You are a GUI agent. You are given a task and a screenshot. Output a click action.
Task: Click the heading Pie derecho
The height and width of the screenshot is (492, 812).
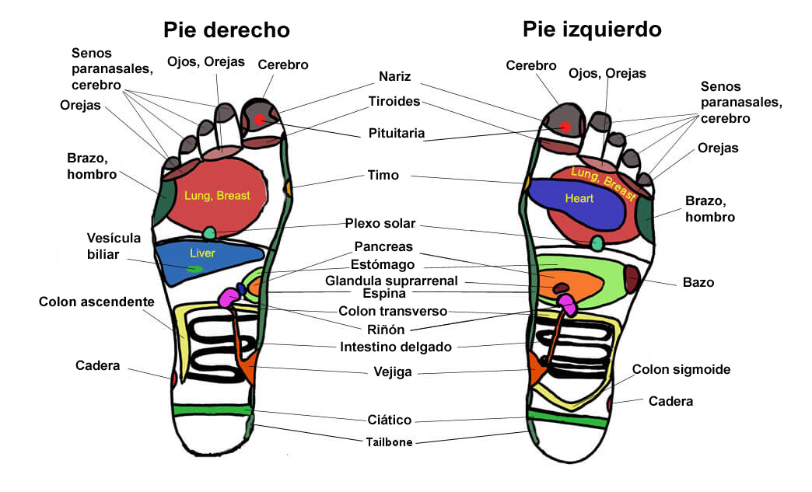tap(226, 30)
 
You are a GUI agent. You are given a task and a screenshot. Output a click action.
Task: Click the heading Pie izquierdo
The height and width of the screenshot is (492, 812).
tap(592, 30)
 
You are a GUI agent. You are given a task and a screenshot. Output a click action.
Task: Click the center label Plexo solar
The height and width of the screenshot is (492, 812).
tap(380, 224)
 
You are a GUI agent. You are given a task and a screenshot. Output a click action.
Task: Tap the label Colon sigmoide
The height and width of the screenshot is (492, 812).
tap(681, 370)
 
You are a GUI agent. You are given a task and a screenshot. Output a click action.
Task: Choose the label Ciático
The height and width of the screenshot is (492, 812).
tap(389, 420)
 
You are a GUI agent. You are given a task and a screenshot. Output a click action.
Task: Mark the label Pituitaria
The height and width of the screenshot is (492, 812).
tap(397, 134)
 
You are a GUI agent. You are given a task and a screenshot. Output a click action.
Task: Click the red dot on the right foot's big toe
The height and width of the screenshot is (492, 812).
tap(260, 120)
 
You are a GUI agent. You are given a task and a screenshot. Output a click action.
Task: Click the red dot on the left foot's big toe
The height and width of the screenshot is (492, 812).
tap(565, 127)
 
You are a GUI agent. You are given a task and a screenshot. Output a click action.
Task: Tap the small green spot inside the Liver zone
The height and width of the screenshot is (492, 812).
tap(196, 269)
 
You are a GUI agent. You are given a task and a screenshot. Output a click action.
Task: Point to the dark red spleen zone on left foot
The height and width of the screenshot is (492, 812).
tap(631, 277)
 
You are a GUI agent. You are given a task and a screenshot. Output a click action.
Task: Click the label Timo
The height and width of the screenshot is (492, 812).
tap(383, 176)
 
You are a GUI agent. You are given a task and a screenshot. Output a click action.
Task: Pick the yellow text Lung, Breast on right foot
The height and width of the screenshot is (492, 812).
tap(217, 196)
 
